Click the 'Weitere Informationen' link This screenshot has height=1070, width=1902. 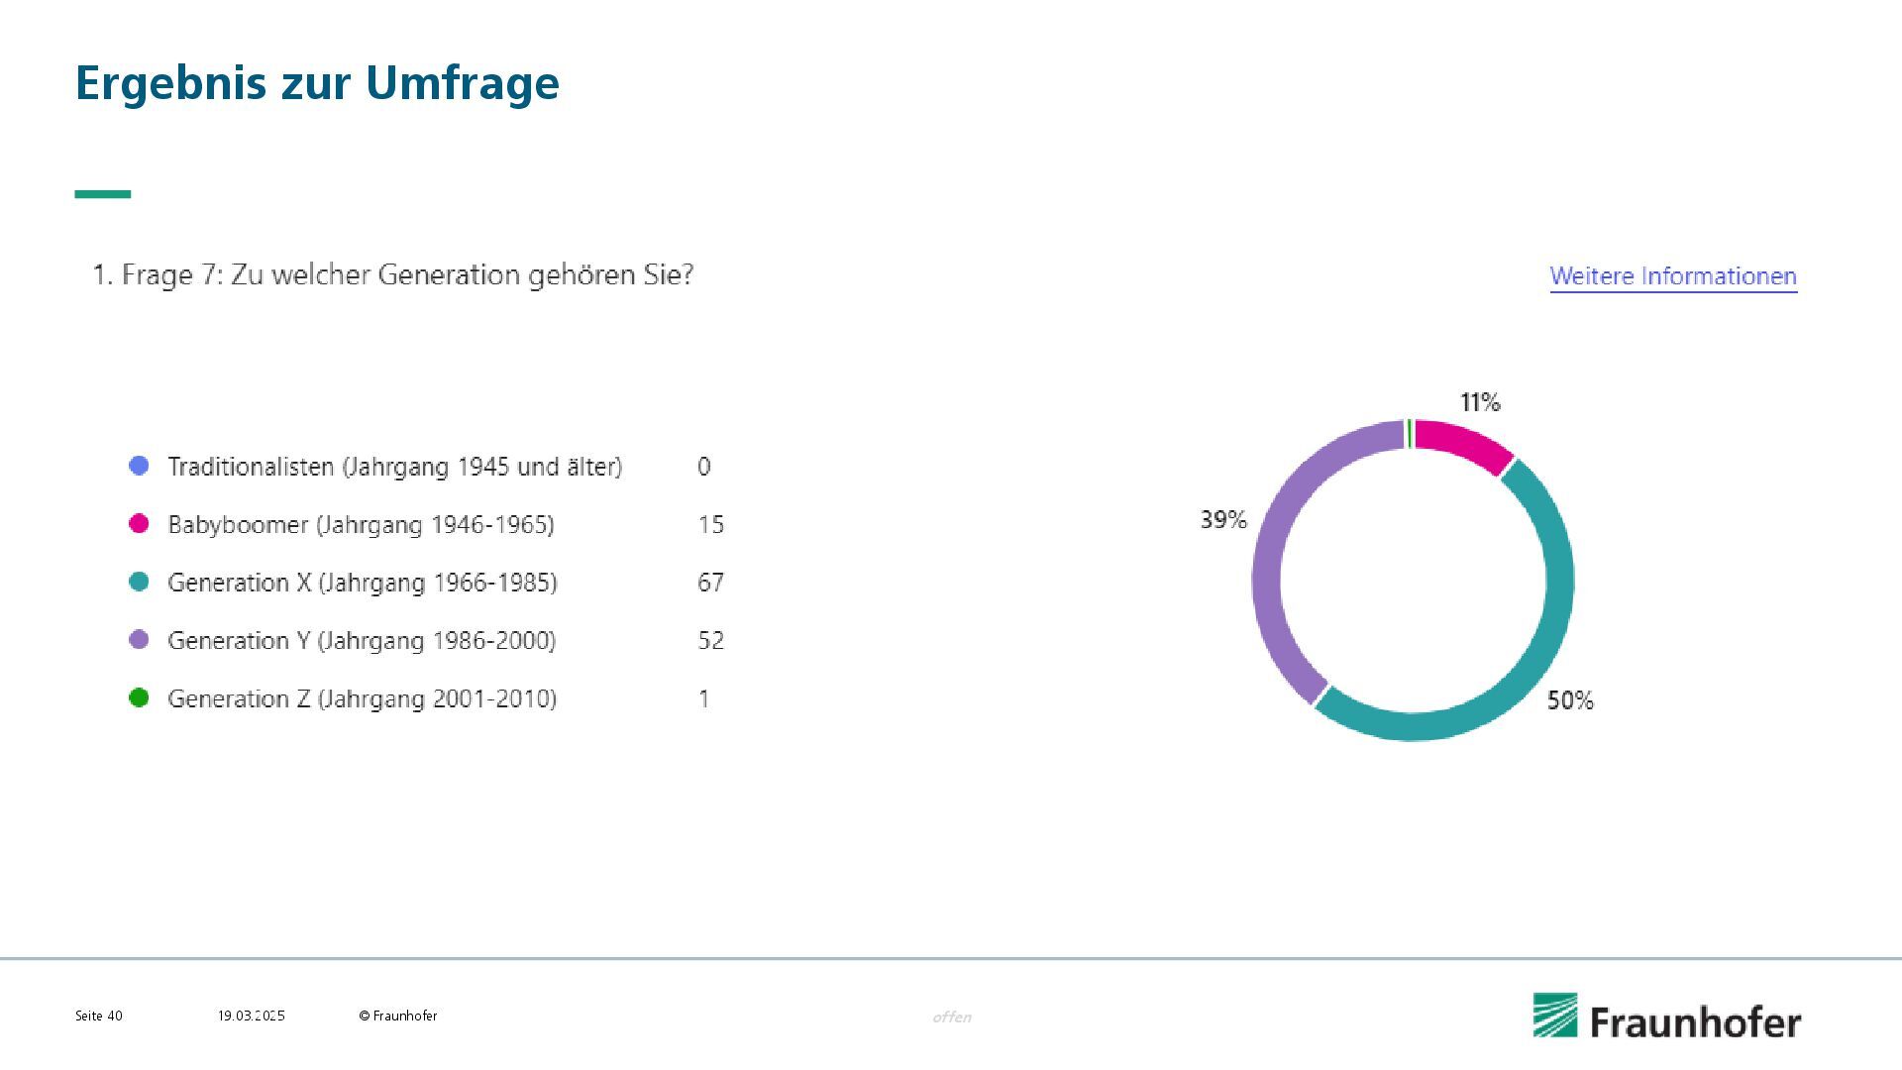click(x=1673, y=276)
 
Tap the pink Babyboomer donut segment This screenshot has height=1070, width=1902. click(x=1464, y=443)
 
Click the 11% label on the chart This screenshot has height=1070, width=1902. click(x=1480, y=402)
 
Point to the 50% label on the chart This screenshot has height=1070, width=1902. click(x=1570, y=700)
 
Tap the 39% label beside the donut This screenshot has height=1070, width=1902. click(x=1223, y=519)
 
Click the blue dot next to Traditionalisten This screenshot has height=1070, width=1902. click(x=139, y=466)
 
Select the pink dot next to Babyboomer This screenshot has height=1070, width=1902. click(x=139, y=523)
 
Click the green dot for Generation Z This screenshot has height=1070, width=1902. click(x=139, y=697)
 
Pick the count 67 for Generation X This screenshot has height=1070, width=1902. click(x=710, y=582)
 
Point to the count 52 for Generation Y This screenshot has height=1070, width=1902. click(x=710, y=640)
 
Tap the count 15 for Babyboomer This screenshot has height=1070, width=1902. click(x=710, y=524)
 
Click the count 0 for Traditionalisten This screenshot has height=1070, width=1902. click(x=703, y=466)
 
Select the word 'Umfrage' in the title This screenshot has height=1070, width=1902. click(x=463, y=83)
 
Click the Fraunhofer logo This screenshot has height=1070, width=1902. click(x=1667, y=1017)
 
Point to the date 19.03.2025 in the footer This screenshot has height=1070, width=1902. click(x=252, y=1016)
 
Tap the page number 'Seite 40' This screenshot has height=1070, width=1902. click(x=99, y=1016)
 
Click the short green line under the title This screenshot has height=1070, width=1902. click(x=103, y=194)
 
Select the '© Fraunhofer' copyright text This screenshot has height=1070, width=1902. click(x=398, y=1016)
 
